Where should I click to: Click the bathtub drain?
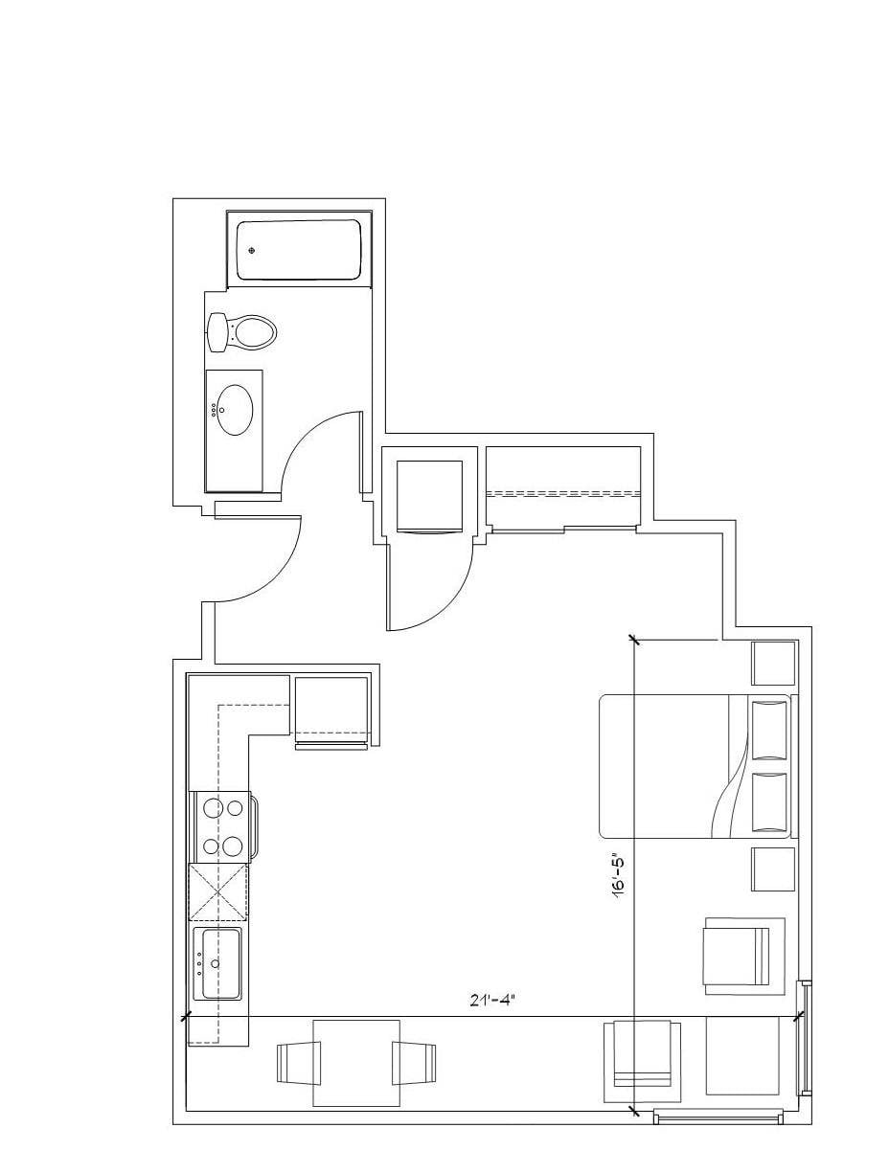coord(252,250)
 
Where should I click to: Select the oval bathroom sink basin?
coord(235,409)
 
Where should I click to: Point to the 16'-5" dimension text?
coord(620,879)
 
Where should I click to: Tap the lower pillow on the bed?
coord(769,802)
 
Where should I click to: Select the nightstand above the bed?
coord(773,664)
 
